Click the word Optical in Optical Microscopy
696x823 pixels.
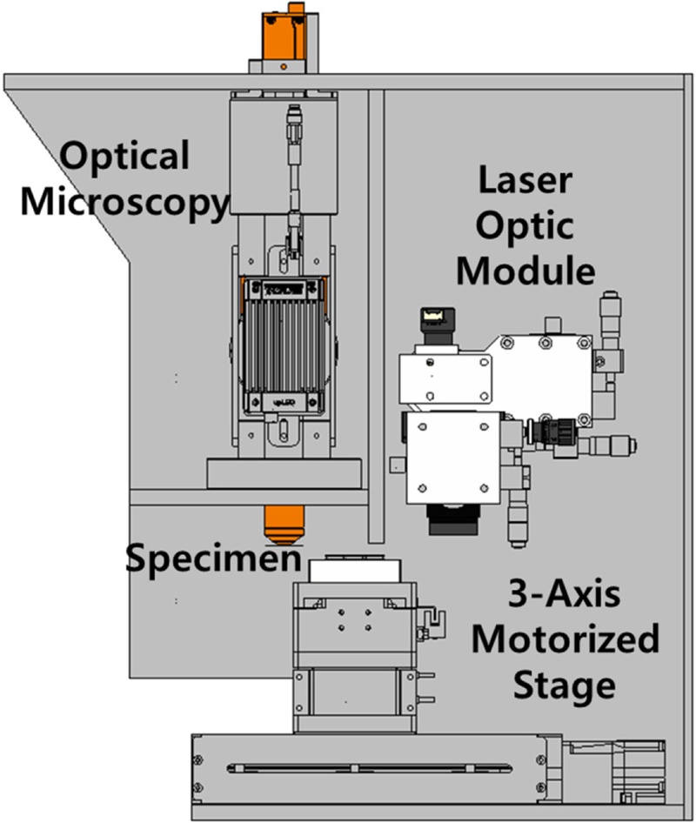coord(124,157)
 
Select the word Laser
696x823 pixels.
coord(525,183)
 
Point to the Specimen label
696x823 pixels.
coord(214,558)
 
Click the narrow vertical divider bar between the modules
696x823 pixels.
coord(376,313)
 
